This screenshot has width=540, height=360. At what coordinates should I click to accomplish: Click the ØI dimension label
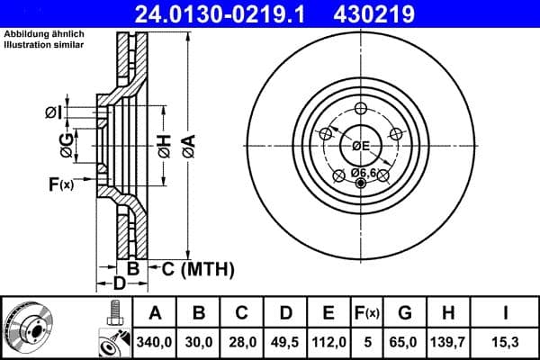pos(53,112)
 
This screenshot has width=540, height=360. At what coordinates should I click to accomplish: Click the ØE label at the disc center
pos(361,146)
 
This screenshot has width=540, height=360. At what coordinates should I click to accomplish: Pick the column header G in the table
pos(405,313)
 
